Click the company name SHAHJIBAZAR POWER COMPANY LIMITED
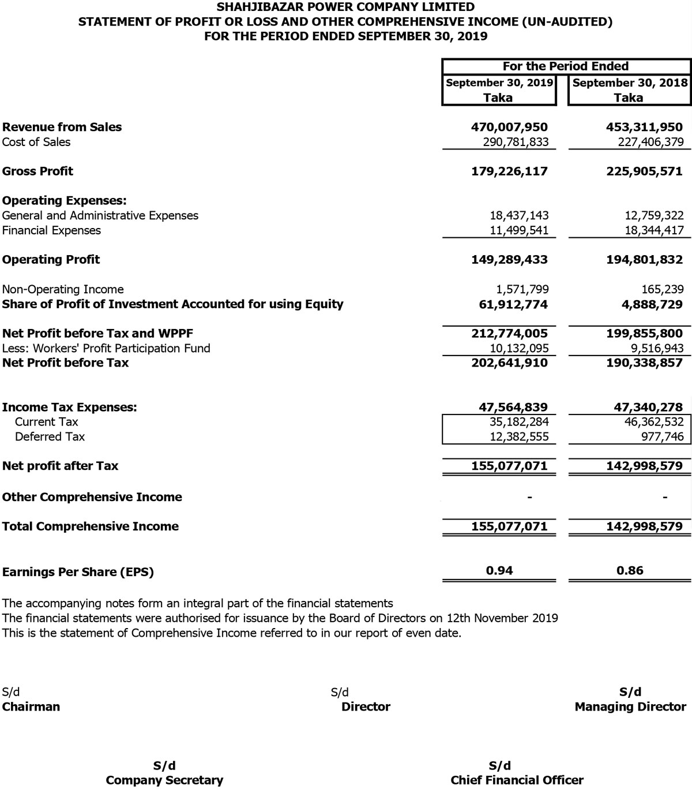345,7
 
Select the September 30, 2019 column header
499,83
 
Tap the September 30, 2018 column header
630,83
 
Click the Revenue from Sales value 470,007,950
509,127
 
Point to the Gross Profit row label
37,171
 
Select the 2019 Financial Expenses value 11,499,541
519,230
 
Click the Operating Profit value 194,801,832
644,260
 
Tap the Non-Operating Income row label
63,289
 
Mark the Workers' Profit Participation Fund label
106,348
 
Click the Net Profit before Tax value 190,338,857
644,363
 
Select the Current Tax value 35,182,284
519,422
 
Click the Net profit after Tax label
60,466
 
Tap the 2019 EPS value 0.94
499,570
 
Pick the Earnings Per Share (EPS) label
78,572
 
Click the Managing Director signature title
630,707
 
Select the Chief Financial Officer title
517,780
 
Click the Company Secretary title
164,780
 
